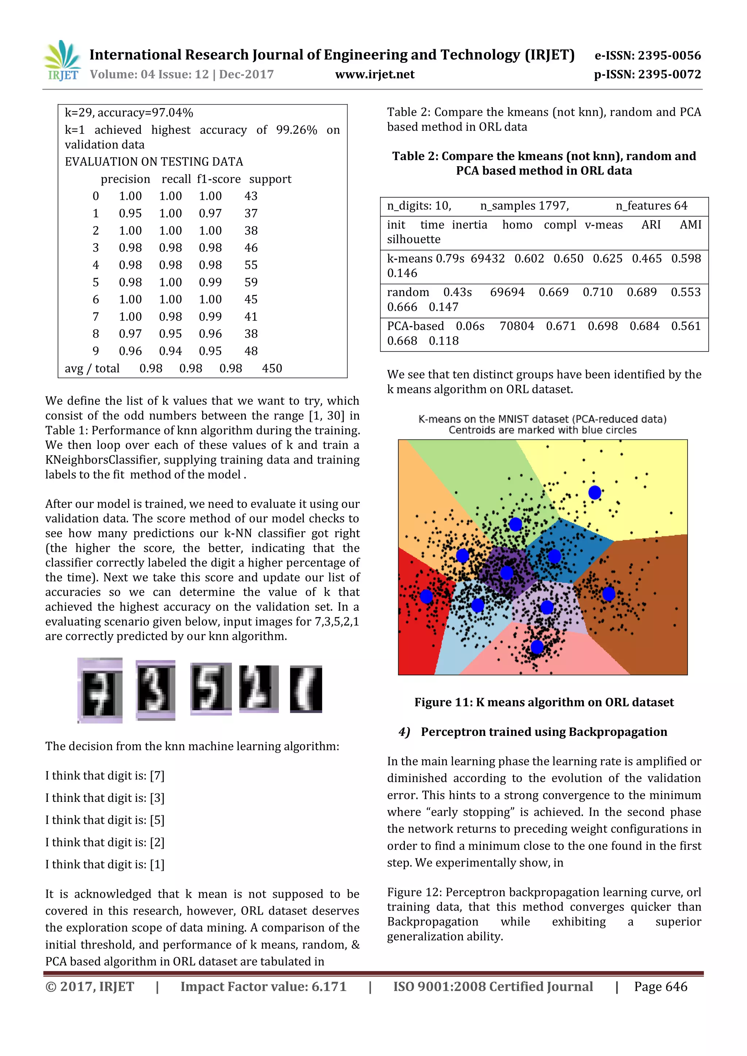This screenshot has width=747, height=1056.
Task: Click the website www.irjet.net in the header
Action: point(375,74)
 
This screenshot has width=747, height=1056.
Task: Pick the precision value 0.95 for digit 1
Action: point(130,213)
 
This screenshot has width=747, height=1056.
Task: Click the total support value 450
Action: point(272,368)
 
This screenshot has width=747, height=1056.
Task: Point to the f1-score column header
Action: point(218,179)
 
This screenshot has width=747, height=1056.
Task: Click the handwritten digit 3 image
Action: point(155,690)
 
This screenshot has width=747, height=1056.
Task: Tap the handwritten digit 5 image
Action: point(211,688)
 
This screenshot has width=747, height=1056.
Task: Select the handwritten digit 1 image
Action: point(306,688)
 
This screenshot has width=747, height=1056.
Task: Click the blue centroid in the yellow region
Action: point(595,493)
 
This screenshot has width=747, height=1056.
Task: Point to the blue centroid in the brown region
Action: point(608,594)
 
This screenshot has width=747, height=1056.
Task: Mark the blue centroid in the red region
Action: point(426,597)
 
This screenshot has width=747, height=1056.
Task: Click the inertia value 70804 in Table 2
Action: point(516,326)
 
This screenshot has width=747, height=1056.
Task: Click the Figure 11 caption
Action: point(544,702)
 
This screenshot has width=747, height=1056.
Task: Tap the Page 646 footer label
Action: point(660,987)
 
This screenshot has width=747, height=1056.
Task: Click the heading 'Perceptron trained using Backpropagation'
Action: point(544,732)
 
